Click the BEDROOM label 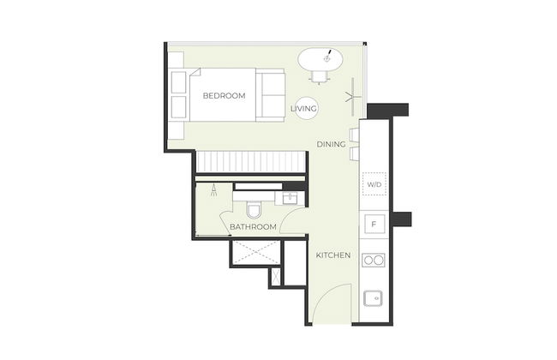tap(224, 96)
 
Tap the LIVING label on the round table tap(303, 108)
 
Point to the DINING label tap(331, 144)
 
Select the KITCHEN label tap(333, 255)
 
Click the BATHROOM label tap(253, 227)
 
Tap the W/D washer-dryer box tap(374, 183)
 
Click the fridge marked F tap(374, 224)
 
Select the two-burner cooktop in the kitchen tap(374, 260)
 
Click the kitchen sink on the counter tap(373, 298)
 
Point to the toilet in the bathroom tap(254, 209)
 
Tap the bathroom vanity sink tap(290, 198)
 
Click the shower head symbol tap(214, 190)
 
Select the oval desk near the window tap(320, 59)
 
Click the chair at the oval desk tap(319, 77)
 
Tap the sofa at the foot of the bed tap(270, 95)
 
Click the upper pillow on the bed tap(179, 82)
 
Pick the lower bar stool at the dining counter tap(355, 153)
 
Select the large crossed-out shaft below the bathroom tap(255, 252)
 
